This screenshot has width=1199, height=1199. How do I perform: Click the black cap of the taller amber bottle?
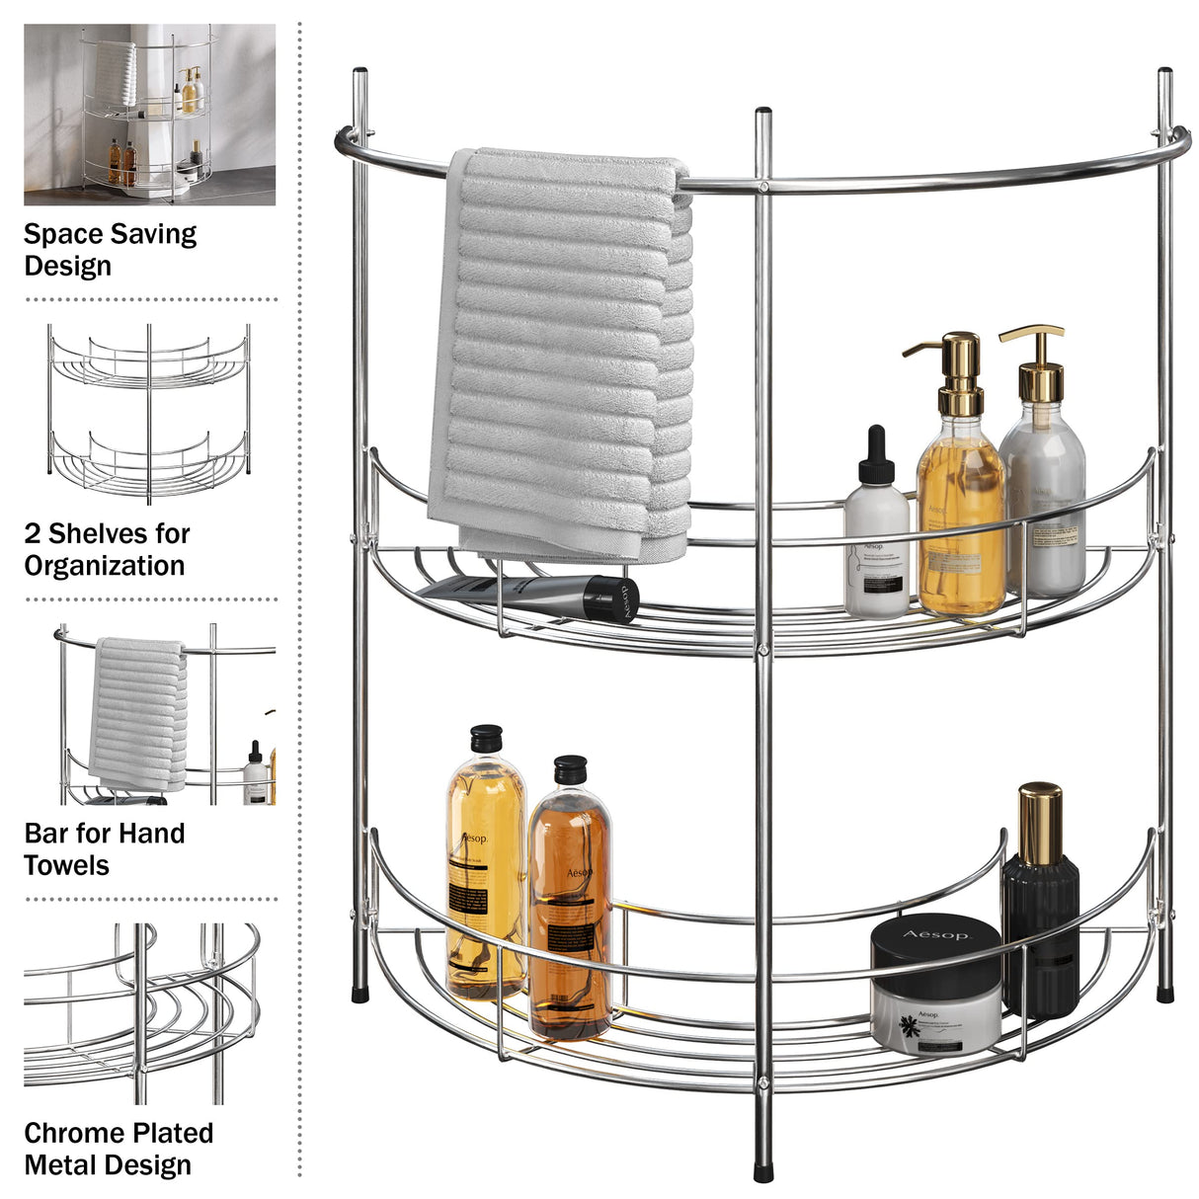tap(486, 738)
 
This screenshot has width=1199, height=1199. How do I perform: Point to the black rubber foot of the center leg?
tap(763, 1171)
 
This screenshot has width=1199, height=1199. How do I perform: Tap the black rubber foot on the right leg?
tap(1165, 992)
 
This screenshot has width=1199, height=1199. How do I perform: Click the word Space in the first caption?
tap(61, 235)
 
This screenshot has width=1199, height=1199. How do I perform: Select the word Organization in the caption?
tap(105, 566)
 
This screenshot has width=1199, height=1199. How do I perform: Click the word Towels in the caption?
tap(66, 866)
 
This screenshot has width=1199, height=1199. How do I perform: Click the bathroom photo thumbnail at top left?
tap(149, 115)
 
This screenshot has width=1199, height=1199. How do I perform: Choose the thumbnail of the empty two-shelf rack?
tap(149, 413)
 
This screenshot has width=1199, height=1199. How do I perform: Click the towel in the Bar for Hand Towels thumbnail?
tap(138, 711)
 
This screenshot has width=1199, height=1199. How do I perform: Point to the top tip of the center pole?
tap(762, 112)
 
